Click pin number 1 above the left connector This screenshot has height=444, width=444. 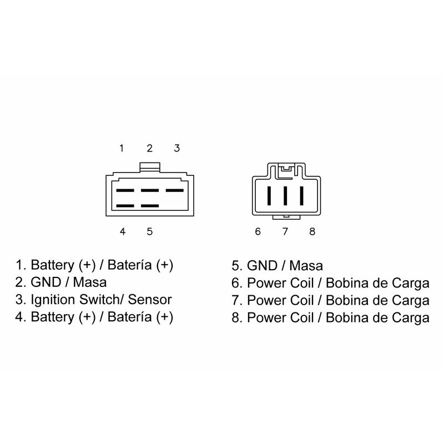click(122, 148)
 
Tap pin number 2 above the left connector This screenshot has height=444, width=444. click(149, 148)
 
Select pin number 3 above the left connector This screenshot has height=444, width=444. click(177, 148)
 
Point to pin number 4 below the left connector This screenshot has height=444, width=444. click(122, 231)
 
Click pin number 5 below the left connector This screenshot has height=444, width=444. click(149, 231)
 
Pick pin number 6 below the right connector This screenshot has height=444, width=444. click(258, 231)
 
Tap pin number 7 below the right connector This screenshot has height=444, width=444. click(285, 231)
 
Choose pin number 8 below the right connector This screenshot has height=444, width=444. click(312, 231)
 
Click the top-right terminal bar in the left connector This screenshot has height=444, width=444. click(174, 190)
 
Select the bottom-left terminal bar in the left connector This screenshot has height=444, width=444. click(125, 206)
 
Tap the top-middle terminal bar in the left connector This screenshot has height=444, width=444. click(150, 190)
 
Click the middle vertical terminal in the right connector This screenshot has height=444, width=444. click(285, 196)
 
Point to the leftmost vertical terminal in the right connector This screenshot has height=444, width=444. click(269, 196)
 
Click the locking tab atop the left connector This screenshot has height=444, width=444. click(150, 167)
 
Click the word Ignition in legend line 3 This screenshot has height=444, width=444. click(53, 300)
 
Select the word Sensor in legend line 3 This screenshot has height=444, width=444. click(150, 300)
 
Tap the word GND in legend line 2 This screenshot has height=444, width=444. click(46, 282)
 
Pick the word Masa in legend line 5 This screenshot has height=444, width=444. click(306, 266)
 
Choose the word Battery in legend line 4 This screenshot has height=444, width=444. click(52, 317)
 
